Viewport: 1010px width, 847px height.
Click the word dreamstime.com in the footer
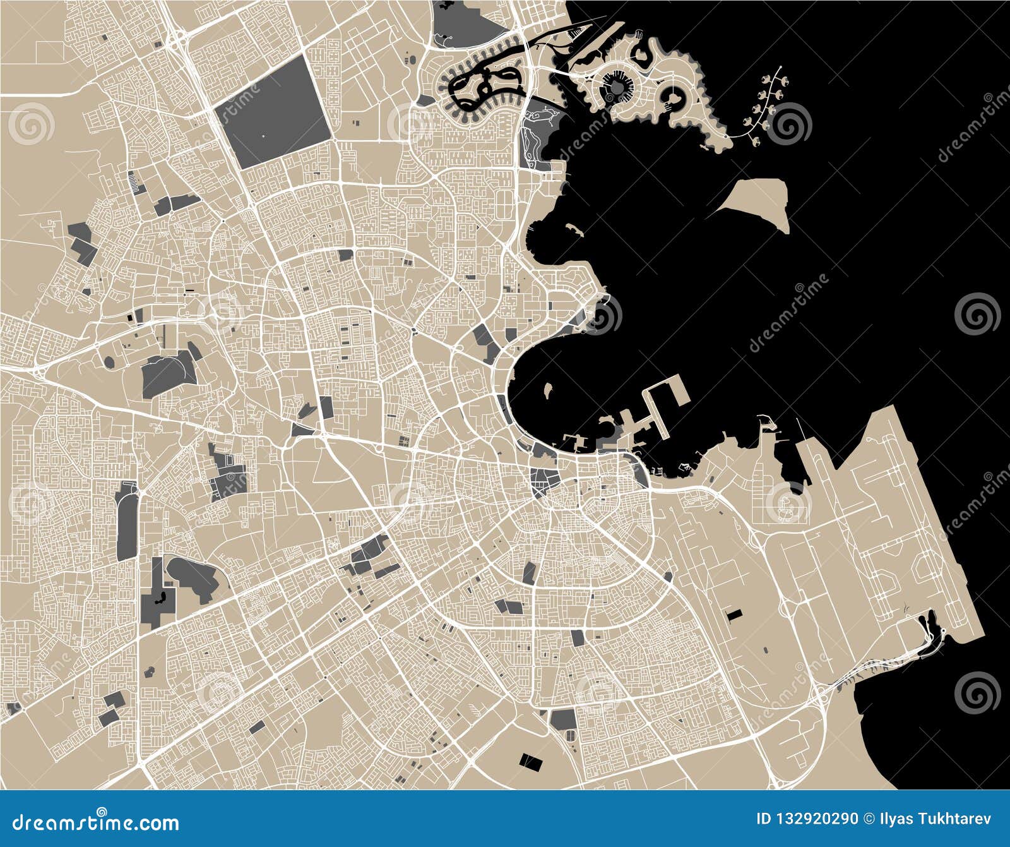(x=96, y=822)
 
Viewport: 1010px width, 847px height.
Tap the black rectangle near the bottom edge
(x=530, y=762)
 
